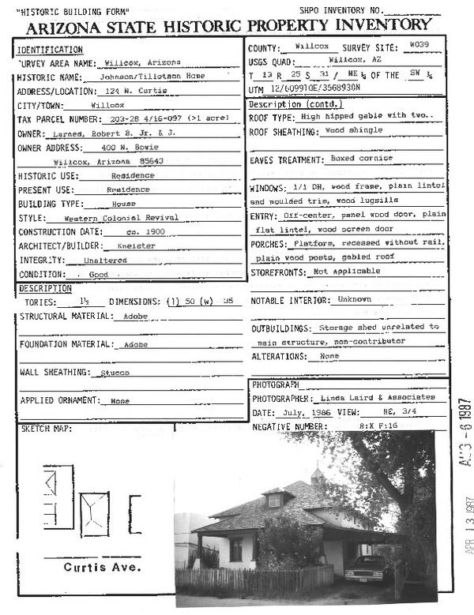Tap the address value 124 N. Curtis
click(x=124, y=91)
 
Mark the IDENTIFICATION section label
click(x=50, y=50)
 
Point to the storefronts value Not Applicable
click(x=346, y=272)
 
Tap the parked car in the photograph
click(x=368, y=567)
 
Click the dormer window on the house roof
click(x=275, y=499)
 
